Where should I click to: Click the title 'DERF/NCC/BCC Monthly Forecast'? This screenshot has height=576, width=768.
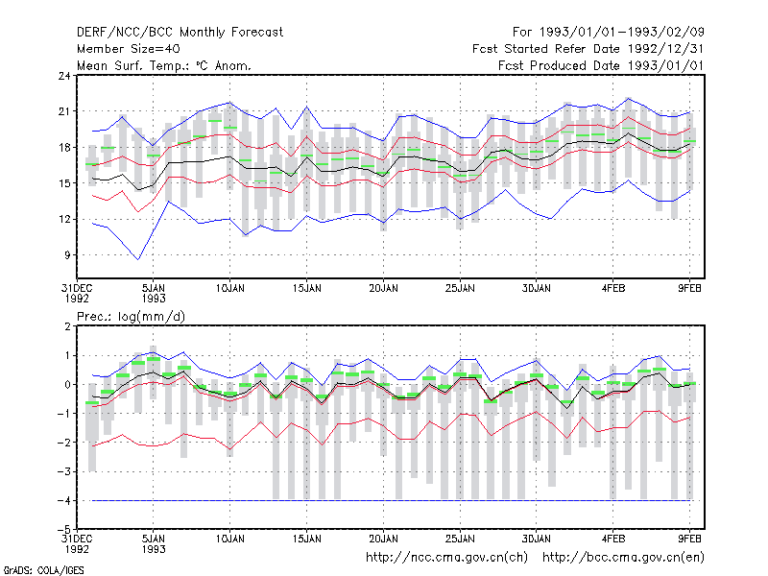(180, 33)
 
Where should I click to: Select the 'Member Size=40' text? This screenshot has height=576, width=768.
(129, 49)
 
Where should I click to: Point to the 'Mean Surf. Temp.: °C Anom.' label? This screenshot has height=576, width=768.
(164, 65)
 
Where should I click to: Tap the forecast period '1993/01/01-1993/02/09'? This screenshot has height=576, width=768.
(622, 33)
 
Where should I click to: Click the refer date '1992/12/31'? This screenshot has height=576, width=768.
(666, 49)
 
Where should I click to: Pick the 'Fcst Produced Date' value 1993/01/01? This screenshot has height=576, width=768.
(666, 65)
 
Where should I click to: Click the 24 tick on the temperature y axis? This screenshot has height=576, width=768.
(64, 76)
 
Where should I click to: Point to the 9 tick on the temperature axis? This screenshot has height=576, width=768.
(67, 255)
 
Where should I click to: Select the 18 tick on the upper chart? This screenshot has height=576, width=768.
(64, 148)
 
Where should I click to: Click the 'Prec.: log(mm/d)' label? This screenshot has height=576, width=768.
(131, 317)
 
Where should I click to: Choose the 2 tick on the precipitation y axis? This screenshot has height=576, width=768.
(67, 326)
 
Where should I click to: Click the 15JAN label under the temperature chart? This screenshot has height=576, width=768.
(307, 289)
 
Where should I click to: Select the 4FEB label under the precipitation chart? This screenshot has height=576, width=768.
(613, 539)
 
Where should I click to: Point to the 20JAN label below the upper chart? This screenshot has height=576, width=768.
(383, 289)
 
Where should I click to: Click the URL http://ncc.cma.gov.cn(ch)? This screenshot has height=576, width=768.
(446, 558)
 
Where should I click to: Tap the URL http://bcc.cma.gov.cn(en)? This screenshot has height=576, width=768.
(623, 558)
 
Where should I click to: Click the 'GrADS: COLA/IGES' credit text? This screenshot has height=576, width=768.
(43, 570)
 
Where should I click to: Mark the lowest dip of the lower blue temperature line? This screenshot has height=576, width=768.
(138, 259)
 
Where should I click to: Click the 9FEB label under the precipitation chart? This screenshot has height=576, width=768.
(689, 539)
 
